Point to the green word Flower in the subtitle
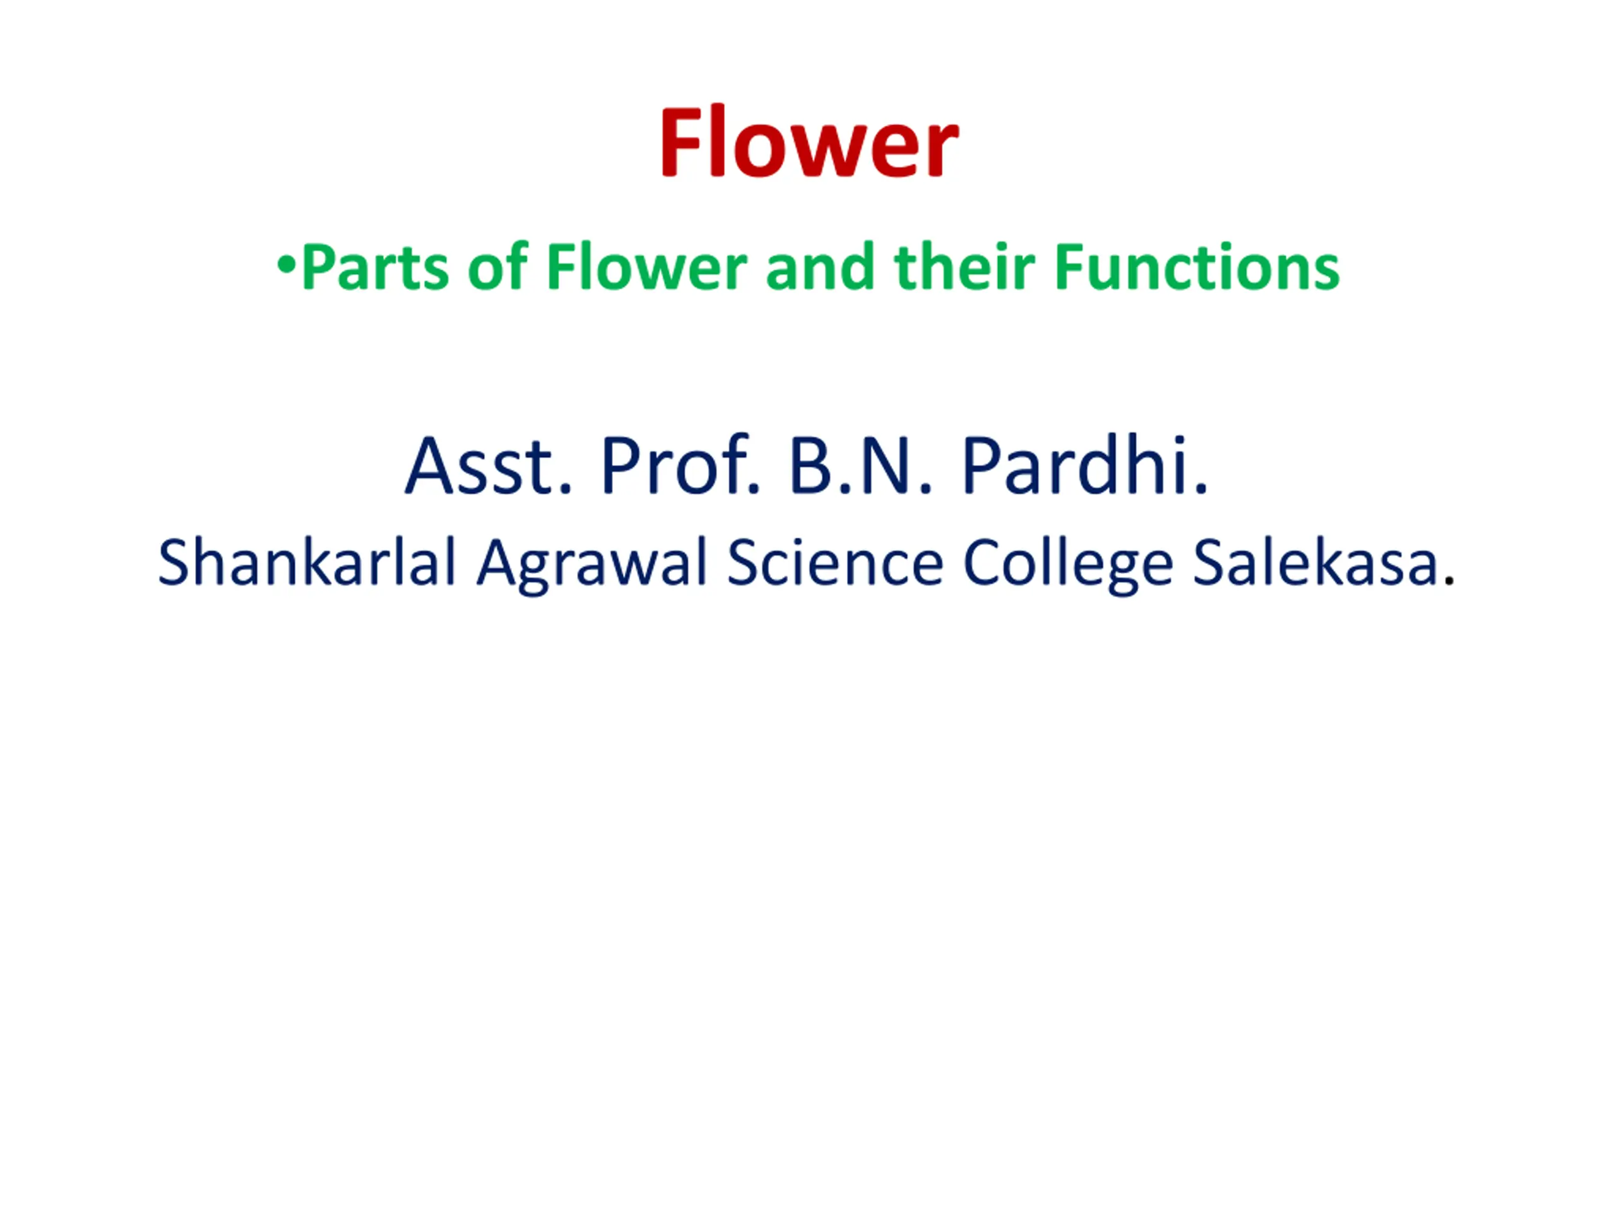pos(646,266)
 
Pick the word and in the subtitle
pos(821,266)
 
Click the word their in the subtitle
pos(964,266)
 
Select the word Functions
pos(1197,266)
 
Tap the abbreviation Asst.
pos(487,466)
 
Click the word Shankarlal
pos(307,562)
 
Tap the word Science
pos(835,562)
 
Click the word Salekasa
pos(1316,562)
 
